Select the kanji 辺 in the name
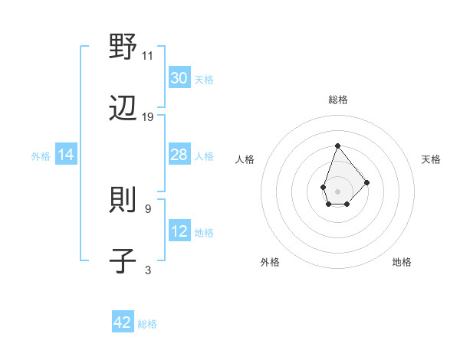(x=123, y=109)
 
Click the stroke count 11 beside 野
(x=148, y=55)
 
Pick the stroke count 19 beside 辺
(x=148, y=117)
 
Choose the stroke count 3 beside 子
(x=148, y=270)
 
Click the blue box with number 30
(x=179, y=78)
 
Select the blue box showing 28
(x=179, y=155)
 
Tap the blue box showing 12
(x=179, y=231)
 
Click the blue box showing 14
(x=66, y=155)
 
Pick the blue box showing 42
(x=123, y=322)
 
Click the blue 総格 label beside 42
(x=147, y=324)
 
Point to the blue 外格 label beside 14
(x=41, y=156)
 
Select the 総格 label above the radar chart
(x=337, y=100)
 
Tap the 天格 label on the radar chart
(x=431, y=159)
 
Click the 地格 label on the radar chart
(x=402, y=262)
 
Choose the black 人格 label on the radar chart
(x=245, y=159)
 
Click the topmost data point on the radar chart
(x=337, y=145)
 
